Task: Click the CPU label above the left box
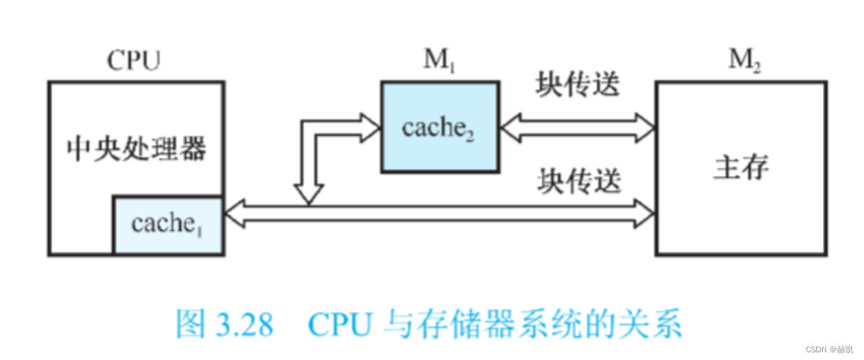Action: click(133, 61)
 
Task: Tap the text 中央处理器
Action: click(136, 148)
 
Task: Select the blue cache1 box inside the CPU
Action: click(167, 224)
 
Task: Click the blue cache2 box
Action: click(439, 127)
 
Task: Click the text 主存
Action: click(741, 168)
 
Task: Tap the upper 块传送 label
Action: click(578, 85)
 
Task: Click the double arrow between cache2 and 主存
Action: click(577, 127)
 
